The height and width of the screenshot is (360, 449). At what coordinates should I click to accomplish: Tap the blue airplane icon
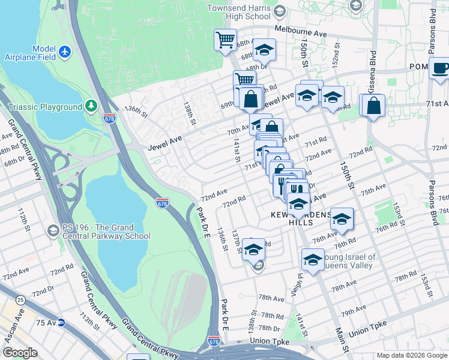tap(66, 53)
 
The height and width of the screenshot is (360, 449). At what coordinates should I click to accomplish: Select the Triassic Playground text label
tap(45, 107)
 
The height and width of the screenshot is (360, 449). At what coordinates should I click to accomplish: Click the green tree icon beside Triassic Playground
tap(91, 106)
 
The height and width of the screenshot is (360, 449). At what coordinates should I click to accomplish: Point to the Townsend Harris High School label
tap(240, 12)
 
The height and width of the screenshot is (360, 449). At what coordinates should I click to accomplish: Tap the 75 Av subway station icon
tap(61, 323)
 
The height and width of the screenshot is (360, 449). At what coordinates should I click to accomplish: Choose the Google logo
tap(20, 353)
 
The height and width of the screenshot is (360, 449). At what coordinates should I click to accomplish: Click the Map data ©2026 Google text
tap(412, 355)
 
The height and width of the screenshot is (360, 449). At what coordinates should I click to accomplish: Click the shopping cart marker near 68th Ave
tap(226, 40)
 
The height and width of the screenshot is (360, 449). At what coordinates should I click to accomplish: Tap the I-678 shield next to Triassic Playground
tap(109, 118)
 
